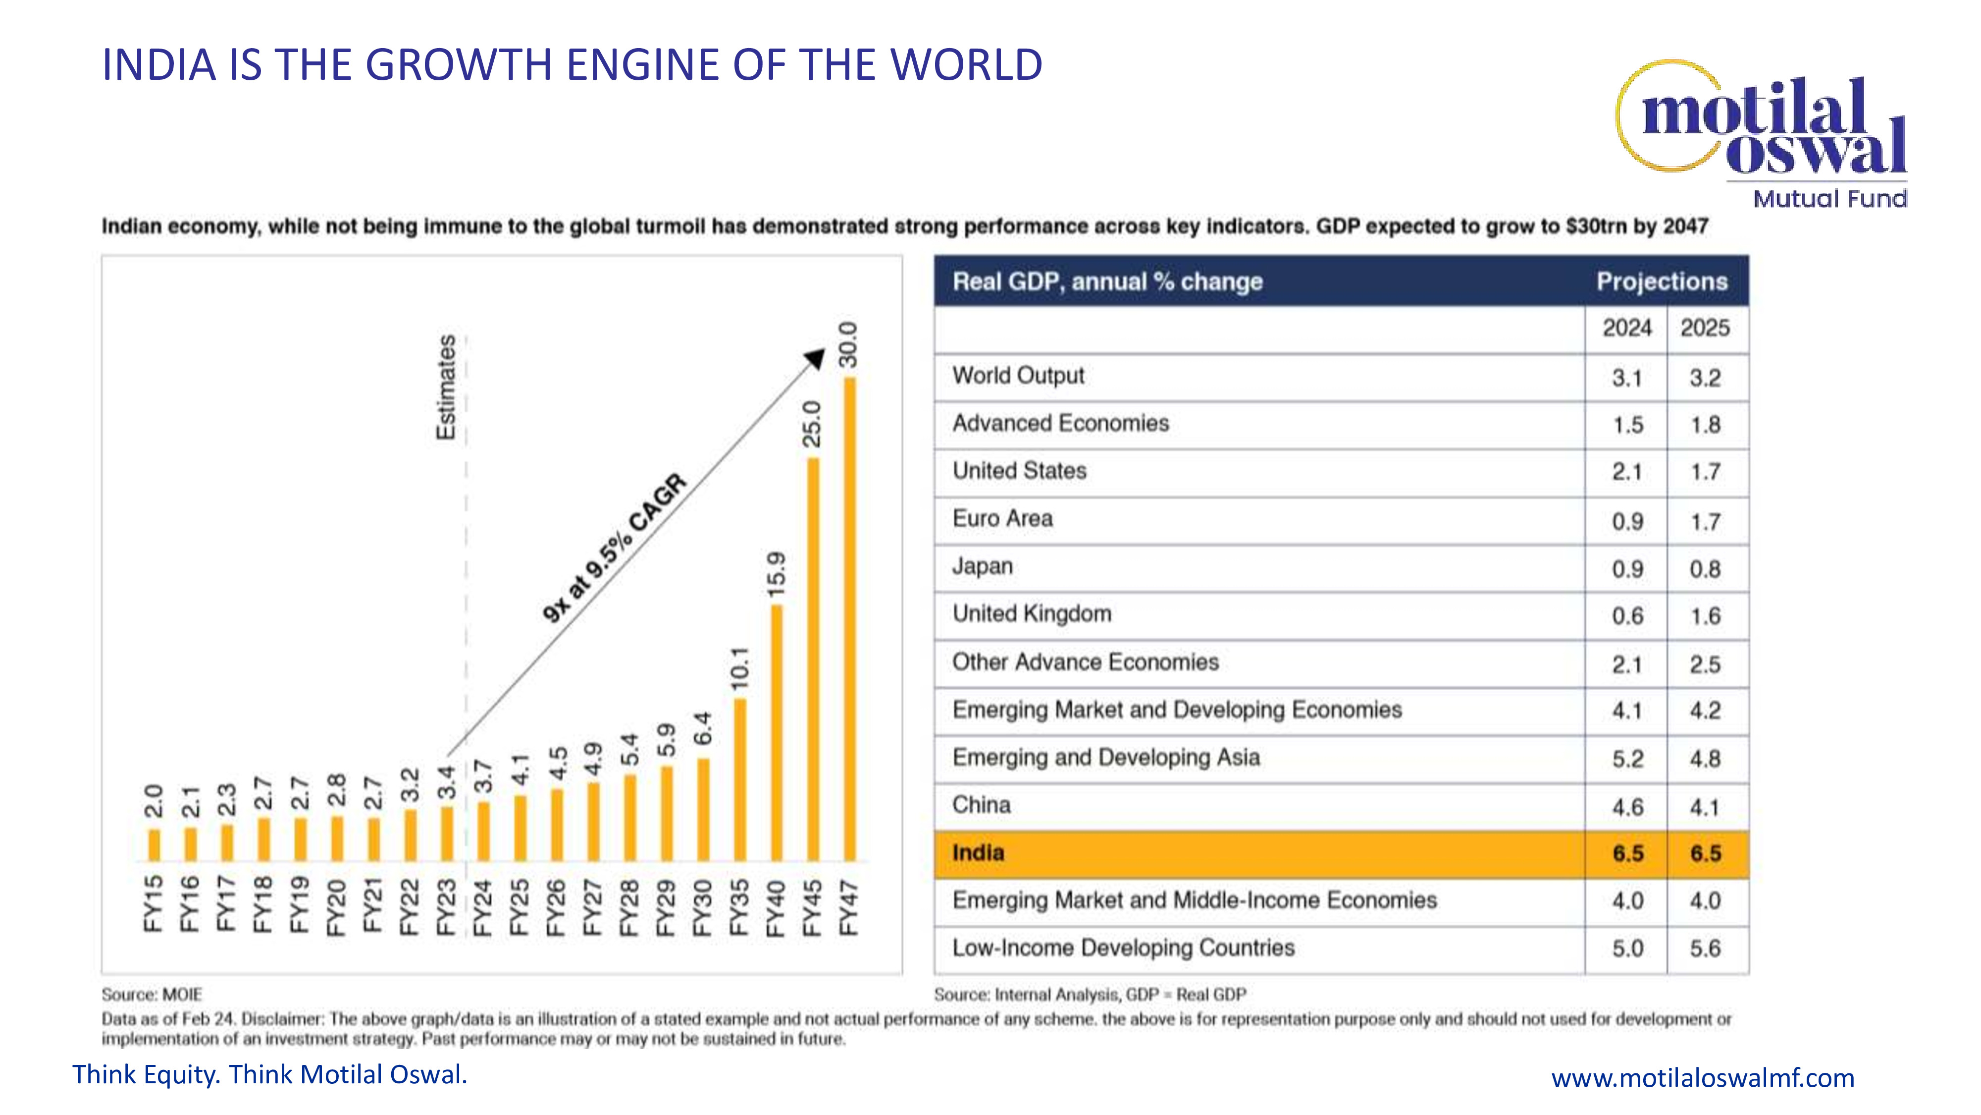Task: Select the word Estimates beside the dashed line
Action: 446,387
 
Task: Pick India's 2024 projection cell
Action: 1627,853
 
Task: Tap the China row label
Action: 981,805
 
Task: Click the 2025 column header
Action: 1705,328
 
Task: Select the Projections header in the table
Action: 1662,281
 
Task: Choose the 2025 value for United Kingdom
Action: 1705,616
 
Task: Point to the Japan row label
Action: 982,566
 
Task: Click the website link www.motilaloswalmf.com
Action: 1703,1078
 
